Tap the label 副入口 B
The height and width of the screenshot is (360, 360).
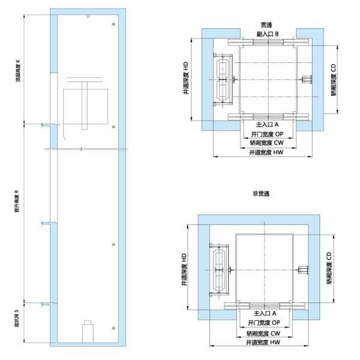coord(265,34)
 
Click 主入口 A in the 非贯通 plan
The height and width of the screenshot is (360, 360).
coord(265,313)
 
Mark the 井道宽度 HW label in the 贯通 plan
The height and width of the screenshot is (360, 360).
coord(265,153)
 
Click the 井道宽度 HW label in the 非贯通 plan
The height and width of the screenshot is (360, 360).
coord(265,341)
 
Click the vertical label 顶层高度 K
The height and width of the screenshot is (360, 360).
coord(19,73)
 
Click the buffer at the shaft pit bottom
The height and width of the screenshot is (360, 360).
coord(88,331)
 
